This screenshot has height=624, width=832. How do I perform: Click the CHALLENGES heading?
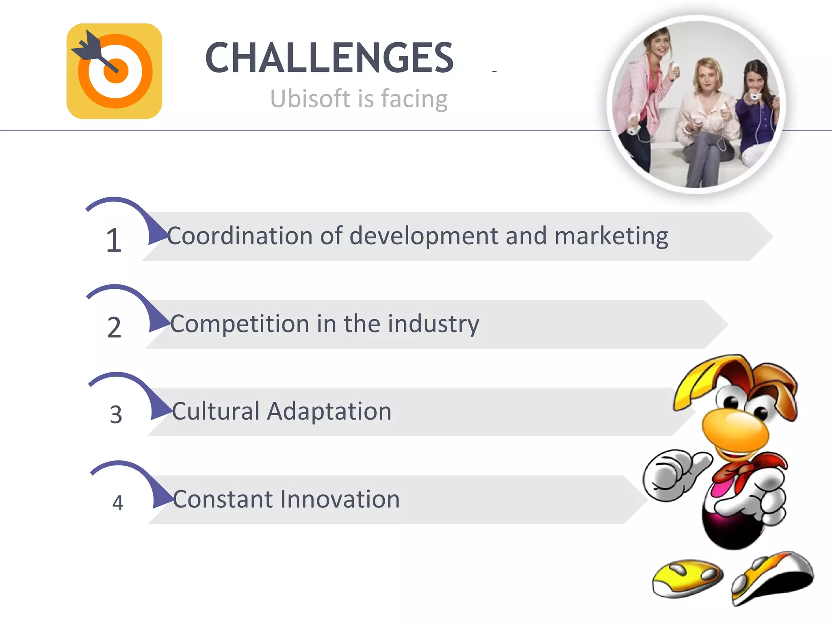(x=329, y=58)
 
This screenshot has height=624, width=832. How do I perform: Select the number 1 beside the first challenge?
(x=114, y=240)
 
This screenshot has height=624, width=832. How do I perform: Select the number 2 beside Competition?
(x=114, y=327)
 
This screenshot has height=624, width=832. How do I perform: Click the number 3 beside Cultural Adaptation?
(x=116, y=415)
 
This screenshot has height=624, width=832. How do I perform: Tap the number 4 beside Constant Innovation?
(x=117, y=503)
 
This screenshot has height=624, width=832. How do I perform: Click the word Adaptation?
(x=329, y=411)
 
